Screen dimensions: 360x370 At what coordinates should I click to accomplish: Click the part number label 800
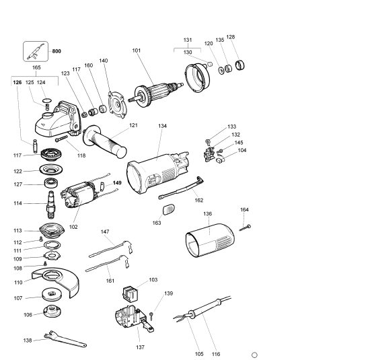(57, 50)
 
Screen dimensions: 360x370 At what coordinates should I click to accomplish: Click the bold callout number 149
(118, 182)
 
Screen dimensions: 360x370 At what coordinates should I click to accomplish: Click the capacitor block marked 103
(131, 293)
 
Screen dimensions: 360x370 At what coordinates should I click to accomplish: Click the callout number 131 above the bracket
(188, 40)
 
